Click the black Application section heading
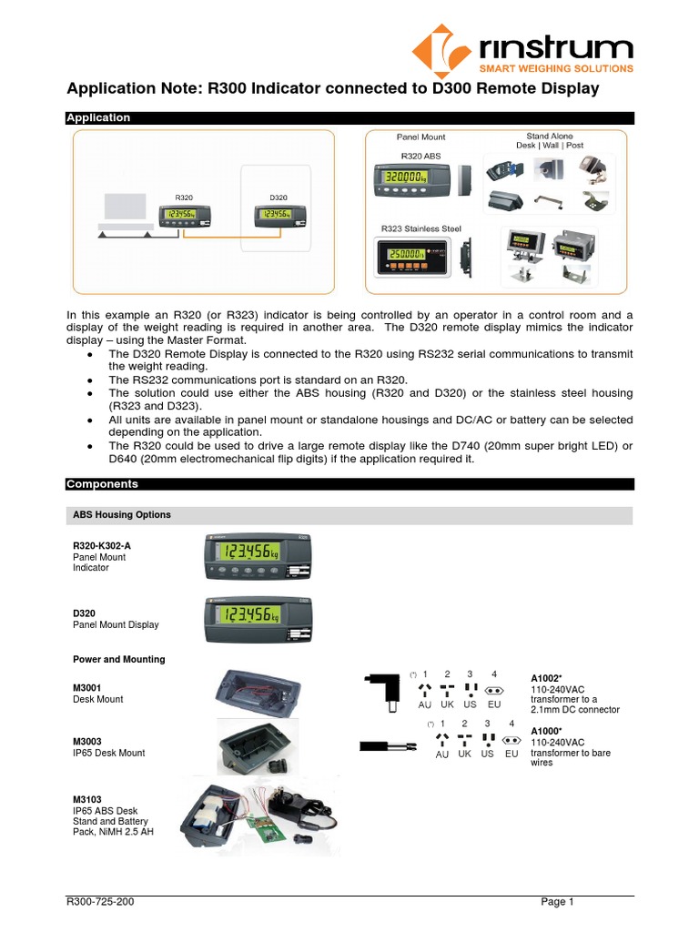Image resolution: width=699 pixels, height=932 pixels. (98, 118)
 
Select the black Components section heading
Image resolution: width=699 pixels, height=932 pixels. (102, 484)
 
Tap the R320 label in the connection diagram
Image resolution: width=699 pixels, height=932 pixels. (184, 198)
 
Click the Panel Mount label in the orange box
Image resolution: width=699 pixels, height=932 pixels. (420, 137)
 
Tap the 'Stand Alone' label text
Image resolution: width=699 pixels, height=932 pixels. (550, 137)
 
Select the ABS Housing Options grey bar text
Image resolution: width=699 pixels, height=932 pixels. (122, 515)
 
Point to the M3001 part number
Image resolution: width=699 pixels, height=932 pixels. (87, 689)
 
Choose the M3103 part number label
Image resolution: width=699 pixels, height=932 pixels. (87, 798)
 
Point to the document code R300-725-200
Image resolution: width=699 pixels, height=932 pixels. (102, 902)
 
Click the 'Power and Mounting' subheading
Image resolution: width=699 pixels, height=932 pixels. (118, 659)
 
